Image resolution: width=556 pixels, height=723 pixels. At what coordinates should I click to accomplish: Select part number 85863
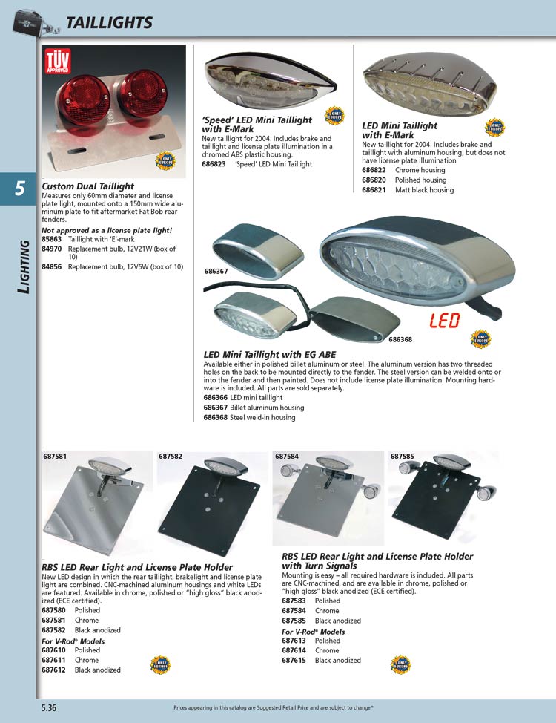pyautogui.click(x=51, y=240)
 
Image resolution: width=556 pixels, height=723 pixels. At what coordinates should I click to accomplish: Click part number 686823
pyautogui.click(x=215, y=164)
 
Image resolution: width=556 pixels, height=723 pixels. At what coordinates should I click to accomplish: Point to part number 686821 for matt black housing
pyautogui.click(x=374, y=190)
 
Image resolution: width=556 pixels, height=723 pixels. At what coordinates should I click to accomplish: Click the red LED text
pyautogui.click(x=443, y=321)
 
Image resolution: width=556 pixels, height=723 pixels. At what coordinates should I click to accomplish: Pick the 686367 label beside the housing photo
pyautogui.click(x=216, y=272)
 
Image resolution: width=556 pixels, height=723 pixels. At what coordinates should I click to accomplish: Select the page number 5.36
pyautogui.click(x=49, y=707)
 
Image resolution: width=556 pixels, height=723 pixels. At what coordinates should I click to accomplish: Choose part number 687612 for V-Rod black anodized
pyautogui.click(x=54, y=670)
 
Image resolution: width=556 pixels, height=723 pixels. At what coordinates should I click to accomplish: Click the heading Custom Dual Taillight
pyautogui.click(x=88, y=186)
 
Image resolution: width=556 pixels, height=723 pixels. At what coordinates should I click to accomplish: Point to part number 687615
pyautogui.click(x=294, y=660)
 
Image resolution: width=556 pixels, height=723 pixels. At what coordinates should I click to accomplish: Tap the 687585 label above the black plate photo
pyautogui.click(x=402, y=456)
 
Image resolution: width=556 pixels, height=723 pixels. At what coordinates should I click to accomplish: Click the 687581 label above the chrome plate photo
pyautogui.click(x=54, y=456)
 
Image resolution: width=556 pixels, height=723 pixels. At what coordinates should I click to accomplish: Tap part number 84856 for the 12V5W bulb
pyautogui.click(x=51, y=266)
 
